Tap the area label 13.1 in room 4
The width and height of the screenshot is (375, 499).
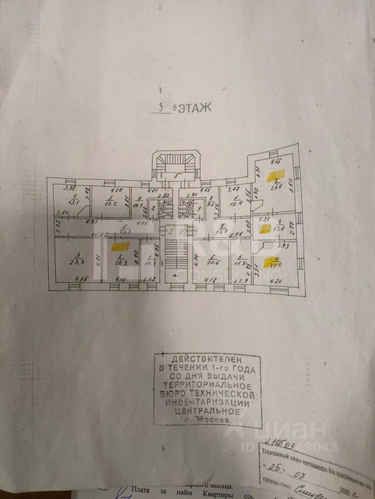[x=73, y=203]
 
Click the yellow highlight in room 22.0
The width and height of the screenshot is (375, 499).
[x=271, y=260]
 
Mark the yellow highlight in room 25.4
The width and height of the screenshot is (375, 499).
[x=272, y=176]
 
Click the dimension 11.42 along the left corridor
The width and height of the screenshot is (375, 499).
[x=99, y=235]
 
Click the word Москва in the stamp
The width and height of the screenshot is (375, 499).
[x=211, y=419]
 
